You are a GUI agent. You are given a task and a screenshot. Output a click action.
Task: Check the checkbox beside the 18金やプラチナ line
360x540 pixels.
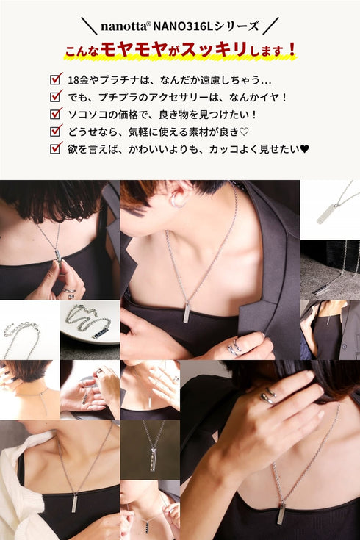point(55,79)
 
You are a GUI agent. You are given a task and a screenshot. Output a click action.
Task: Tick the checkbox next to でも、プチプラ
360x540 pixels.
point(55,96)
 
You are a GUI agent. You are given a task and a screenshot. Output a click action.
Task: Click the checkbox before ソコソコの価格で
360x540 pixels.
point(55,114)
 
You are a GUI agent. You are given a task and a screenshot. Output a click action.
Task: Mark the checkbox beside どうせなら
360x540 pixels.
point(55,131)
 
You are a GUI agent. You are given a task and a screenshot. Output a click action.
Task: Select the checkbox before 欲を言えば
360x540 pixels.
point(55,148)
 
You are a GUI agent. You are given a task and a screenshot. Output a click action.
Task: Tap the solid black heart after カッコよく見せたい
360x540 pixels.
point(304,148)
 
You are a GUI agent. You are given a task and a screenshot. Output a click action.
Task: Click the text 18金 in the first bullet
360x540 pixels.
point(76,79)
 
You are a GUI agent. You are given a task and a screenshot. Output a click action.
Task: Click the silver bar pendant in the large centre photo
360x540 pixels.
point(187,313)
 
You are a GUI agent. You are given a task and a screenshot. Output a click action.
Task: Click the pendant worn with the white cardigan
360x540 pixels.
point(74,502)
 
